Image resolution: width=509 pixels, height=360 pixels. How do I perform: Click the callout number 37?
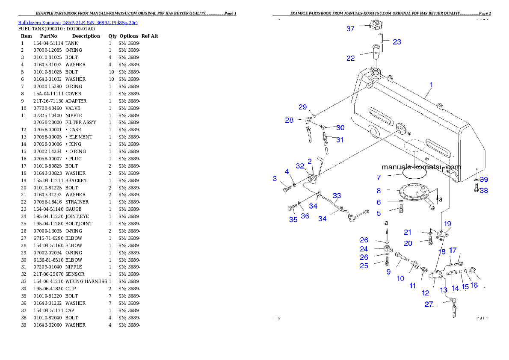pyautogui.click(x=350, y=29)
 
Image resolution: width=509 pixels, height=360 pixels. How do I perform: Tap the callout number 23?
pyautogui.click(x=397, y=42)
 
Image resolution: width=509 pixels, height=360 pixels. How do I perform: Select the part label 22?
pyautogui.click(x=350, y=58)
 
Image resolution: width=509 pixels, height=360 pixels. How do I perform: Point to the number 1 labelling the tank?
pyautogui.click(x=431, y=85)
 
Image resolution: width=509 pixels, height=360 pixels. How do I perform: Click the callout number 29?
pyautogui.click(x=302, y=107)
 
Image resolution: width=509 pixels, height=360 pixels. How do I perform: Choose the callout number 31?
pyautogui.click(x=339, y=140)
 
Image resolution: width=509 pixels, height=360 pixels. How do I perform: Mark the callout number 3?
pyautogui.click(x=275, y=178)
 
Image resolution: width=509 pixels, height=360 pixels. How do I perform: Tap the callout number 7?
pyautogui.click(x=379, y=177)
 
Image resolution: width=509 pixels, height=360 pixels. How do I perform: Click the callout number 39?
pyautogui.click(x=483, y=179)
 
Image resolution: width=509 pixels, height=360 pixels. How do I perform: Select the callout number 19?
pyautogui.click(x=447, y=224)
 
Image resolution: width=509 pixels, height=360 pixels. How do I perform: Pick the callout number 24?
pyautogui.click(x=364, y=249)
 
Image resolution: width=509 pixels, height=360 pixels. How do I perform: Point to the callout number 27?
pyautogui.click(x=429, y=304)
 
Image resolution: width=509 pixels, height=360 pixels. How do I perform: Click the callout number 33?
pyautogui.click(x=337, y=196)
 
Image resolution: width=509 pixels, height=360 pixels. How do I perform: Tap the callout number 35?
pyautogui.click(x=293, y=220)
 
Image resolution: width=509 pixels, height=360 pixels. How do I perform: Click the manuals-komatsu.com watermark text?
pyautogui.click(x=421, y=167)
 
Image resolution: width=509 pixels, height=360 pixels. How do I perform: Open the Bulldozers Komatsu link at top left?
pyautogui.click(x=77, y=23)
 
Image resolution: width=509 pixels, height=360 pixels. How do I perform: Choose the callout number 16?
pyautogui.click(x=474, y=285)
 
